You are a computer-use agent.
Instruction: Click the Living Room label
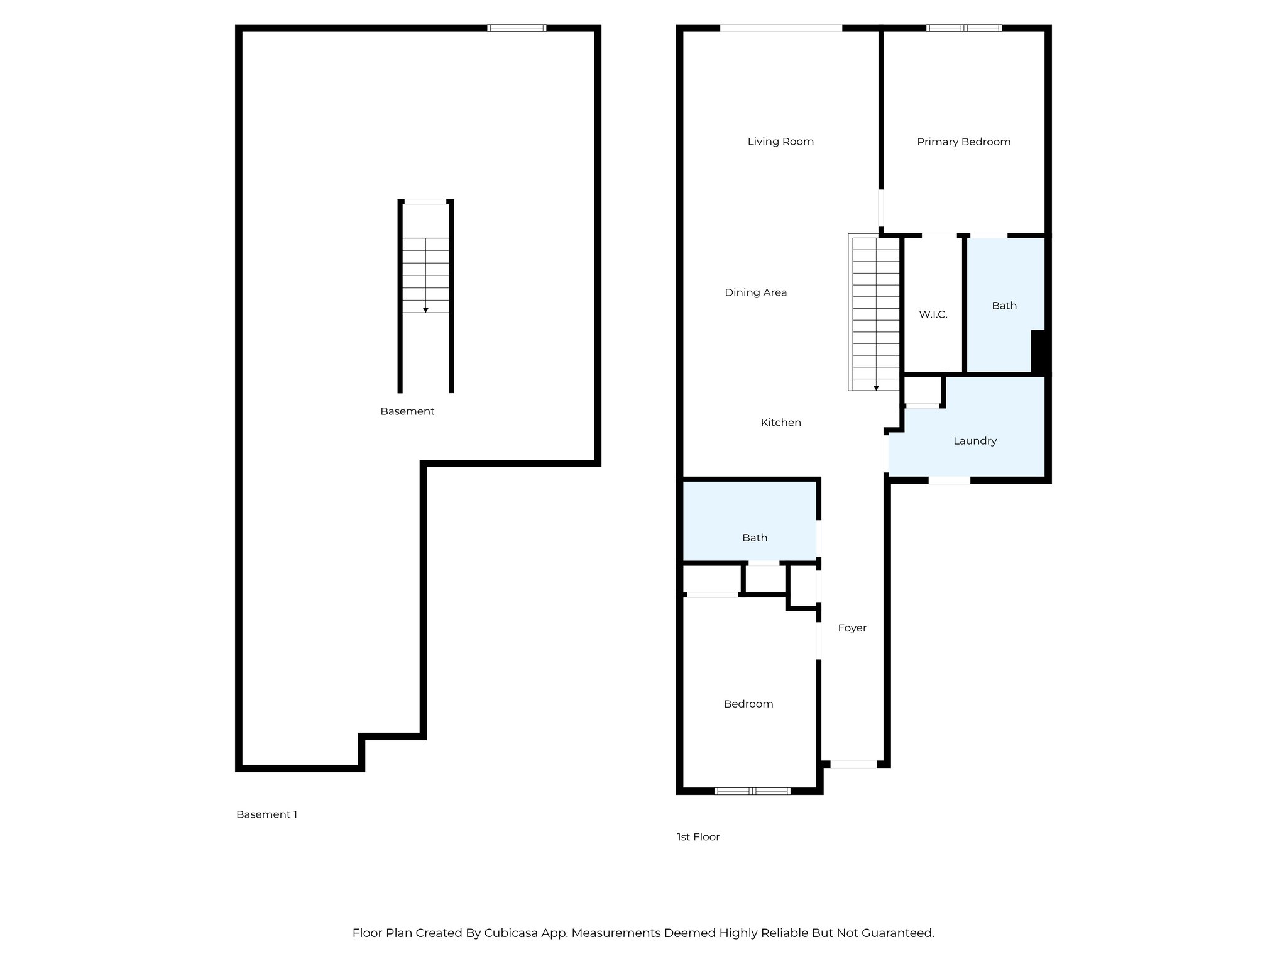pyautogui.click(x=780, y=142)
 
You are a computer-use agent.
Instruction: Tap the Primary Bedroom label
pyautogui.click(x=963, y=142)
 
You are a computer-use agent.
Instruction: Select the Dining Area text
pyautogui.click(x=755, y=292)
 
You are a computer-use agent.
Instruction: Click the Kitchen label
pyautogui.click(x=780, y=423)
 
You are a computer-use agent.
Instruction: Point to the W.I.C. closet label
pyautogui.click(x=933, y=314)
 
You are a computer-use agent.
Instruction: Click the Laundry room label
pyautogui.click(x=975, y=441)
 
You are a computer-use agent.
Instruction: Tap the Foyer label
pyautogui.click(x=852, y=628)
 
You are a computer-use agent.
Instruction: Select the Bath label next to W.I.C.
pyautogui.click(x=1004, y=306)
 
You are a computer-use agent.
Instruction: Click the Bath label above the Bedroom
pyautogui.click(x=754, y=538)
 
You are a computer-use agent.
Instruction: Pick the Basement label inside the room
pyautogui.click(x=407, y=411)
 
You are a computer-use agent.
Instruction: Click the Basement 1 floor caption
pyautogui.click(x=266, y=814)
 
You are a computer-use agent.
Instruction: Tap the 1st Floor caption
pyautogui.click(x=698, y=837)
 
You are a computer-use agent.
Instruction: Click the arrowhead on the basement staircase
pyautogui.click(x=425, y=310)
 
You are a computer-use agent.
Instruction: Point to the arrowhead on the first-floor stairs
pyautogui.click(x=876, y=388)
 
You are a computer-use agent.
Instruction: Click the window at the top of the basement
pyautogui.click(x=517, y=28)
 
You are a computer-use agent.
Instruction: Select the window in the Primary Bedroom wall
pyautogui.click(x=963, y=28)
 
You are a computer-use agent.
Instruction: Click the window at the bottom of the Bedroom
pyautogui.click(x=752, y=791)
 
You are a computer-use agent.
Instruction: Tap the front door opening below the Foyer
pyautogui.click(x=853, y=764)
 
